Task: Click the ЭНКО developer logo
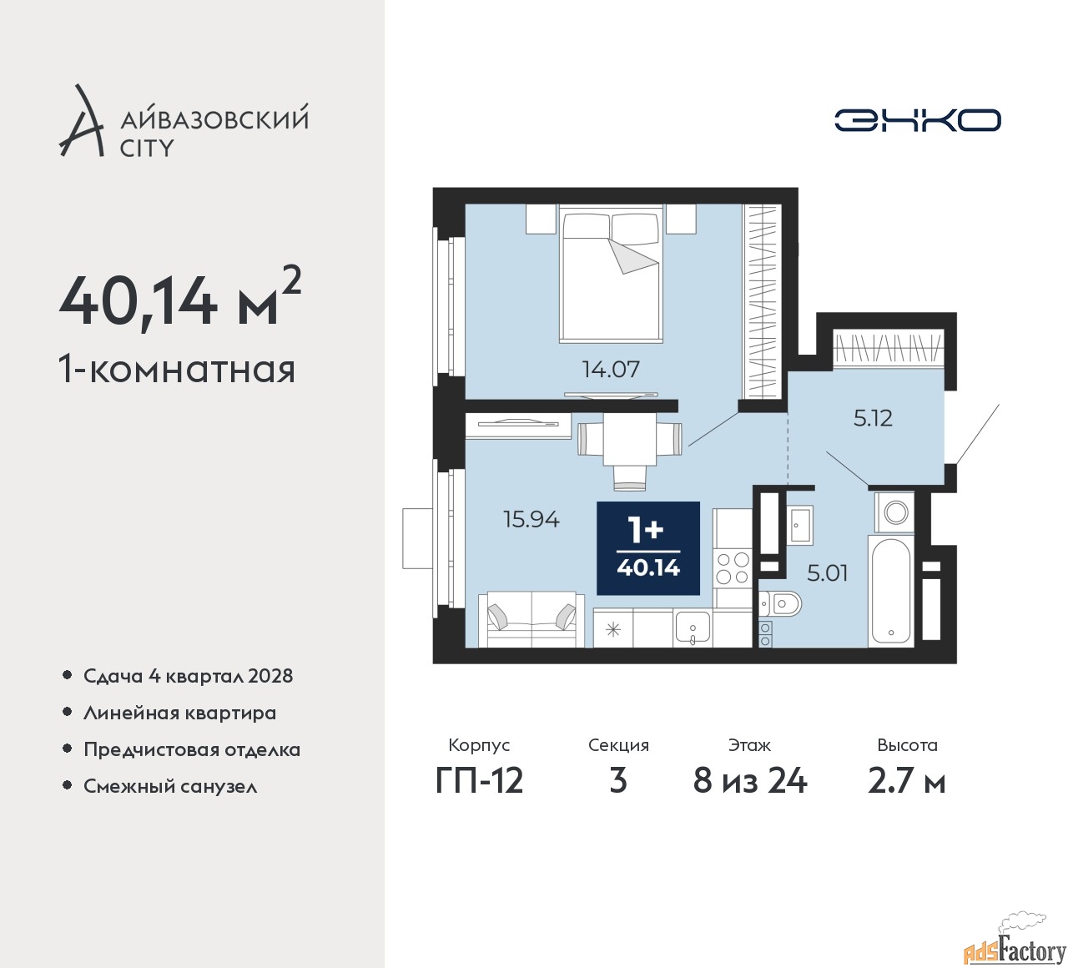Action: (x=917, y=120)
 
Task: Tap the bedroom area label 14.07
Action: (x=611, y=369)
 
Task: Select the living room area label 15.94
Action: (x=531, y=519)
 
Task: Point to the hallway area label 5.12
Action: (x=873, y=417)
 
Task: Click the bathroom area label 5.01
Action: (x=827, y=573)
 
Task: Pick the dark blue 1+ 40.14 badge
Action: (x=648, y=548)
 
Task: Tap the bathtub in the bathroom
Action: (x=892, y=591)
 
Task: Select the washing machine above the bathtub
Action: (x=895, y=512)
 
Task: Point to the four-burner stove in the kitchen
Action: (x=733, y=568)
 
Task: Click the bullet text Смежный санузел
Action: (x=170, y=786)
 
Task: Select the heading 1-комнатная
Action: (x=178, y=369)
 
